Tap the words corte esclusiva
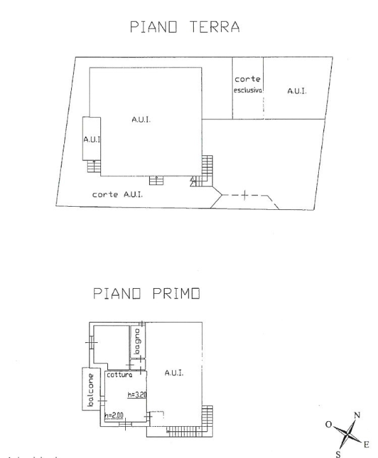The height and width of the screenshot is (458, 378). pos(248,85)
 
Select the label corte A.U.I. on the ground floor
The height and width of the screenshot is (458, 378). pos(118,195)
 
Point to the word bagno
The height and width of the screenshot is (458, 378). pos(137,343)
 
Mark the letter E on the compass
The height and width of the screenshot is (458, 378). pos(367,443)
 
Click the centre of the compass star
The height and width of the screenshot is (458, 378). pos(348,434)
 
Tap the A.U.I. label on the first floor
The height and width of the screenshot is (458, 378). pos(174,373)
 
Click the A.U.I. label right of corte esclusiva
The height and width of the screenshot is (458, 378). pos(297,92)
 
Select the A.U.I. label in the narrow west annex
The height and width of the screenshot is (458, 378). pos(91,139)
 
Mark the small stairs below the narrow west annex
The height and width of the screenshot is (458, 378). pos(93,167)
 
